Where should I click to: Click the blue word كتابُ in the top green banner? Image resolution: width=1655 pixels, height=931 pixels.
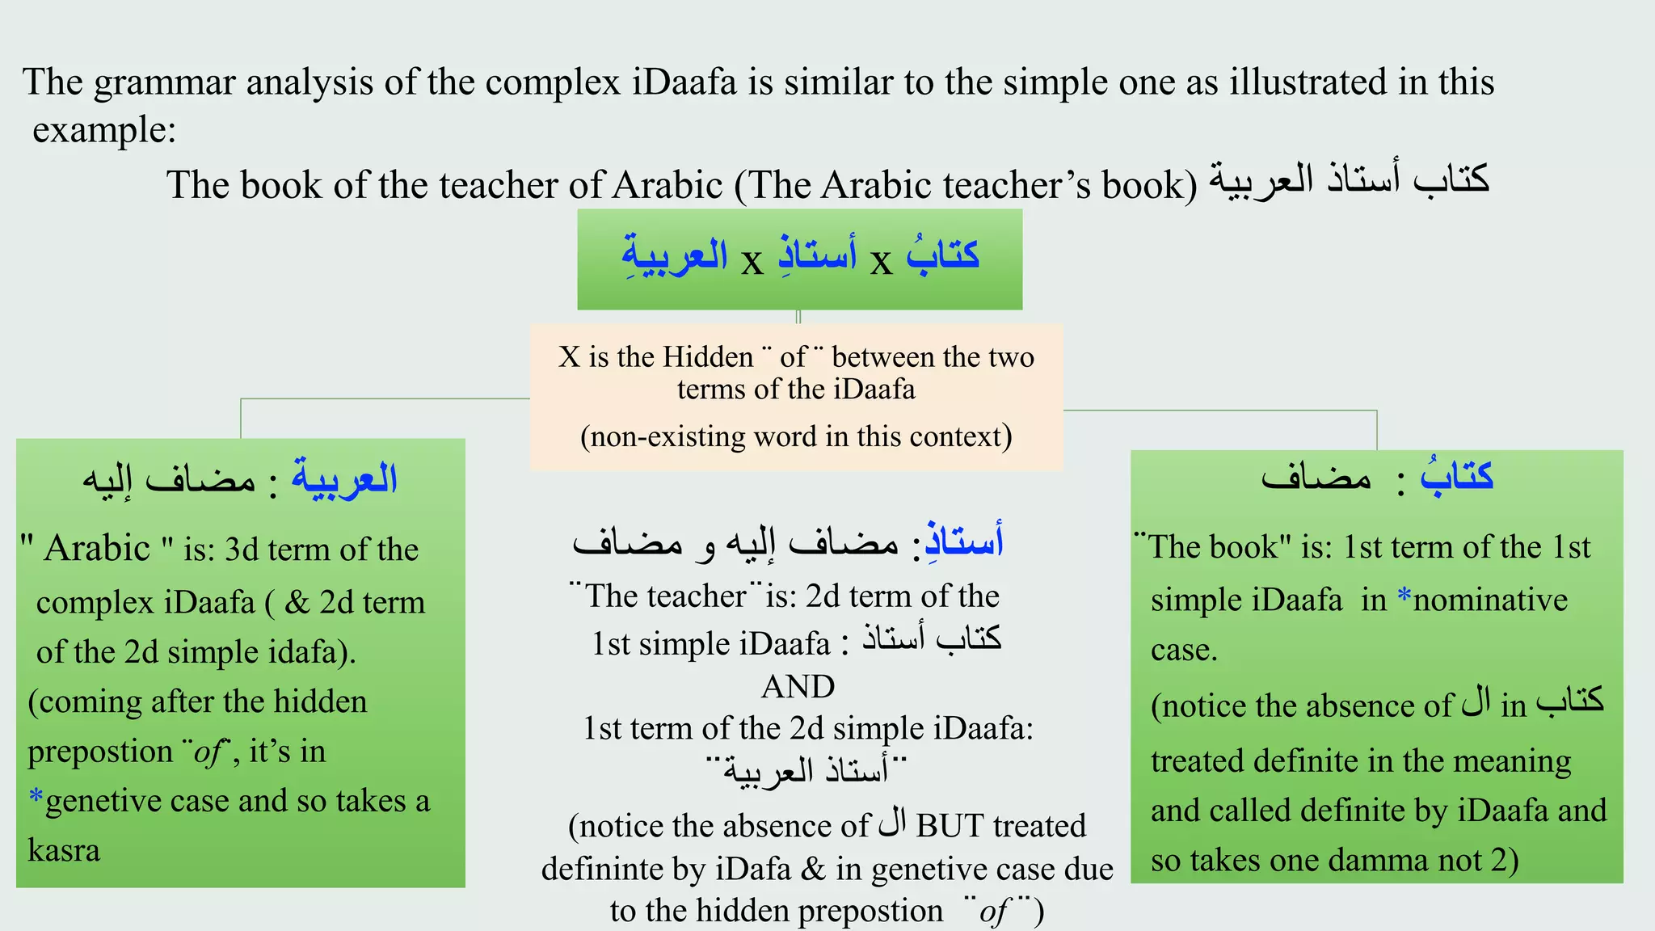(x=942, y=255)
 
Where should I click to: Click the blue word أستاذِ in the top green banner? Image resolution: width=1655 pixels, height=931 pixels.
(x=816, y=255)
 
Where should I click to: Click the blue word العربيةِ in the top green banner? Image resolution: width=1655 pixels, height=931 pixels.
(x=675, y=255)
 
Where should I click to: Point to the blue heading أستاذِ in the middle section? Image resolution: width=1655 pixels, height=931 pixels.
(x=964, y=541)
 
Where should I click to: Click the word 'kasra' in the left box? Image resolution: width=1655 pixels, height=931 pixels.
(x=64, y=851)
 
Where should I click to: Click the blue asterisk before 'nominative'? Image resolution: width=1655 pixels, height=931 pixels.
(x=1404, y=598)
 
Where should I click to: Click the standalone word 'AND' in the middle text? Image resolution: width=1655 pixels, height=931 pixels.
(x=798, y=687)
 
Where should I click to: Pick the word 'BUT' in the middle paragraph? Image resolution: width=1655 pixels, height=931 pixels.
(x=950, y=826)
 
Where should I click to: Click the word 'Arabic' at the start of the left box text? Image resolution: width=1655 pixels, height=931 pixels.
(x=97, y=549)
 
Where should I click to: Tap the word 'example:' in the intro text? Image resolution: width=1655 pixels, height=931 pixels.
(x=104, y=130)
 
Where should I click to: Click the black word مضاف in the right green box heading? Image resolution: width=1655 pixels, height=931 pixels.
(x=1316, y=477)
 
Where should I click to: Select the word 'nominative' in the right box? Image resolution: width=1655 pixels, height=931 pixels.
(x=1490, y=600)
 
